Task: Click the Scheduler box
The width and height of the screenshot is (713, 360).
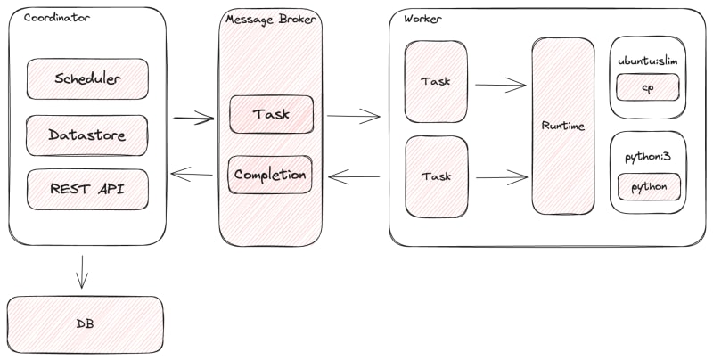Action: tap(87, 78)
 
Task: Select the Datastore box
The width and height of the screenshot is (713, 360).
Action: tap(86, 135)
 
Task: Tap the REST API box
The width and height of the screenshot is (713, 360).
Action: tap(87, 190)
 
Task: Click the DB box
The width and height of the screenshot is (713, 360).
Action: tap(85, 324)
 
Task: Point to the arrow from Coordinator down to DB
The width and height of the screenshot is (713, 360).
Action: tap(82, 272)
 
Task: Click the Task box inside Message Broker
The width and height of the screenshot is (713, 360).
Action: tap(272, 114)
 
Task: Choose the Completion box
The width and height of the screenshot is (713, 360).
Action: tap(270, 175)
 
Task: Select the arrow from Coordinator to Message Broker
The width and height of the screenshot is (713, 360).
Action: tap(193, 119)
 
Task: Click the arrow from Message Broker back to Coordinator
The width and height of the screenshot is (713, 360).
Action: tap(192, 174)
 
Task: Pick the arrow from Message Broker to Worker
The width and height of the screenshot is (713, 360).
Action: tap(353, 117)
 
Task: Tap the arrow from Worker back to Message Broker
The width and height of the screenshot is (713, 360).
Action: tap(354, 176)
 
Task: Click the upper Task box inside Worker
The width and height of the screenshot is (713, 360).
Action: tap(436, 81)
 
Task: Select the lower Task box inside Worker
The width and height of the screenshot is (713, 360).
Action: tap(437, 176)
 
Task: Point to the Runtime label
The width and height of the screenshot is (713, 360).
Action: tap(563, 126)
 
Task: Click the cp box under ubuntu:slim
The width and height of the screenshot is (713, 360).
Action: tap(648, 87)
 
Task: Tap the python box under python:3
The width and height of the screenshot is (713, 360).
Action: tap(650, 187)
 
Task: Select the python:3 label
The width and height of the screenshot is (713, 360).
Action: tap(648, 157)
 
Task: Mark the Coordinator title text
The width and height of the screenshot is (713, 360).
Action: tap(57, 18)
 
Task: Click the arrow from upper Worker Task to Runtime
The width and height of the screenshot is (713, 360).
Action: tap(501, 85)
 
